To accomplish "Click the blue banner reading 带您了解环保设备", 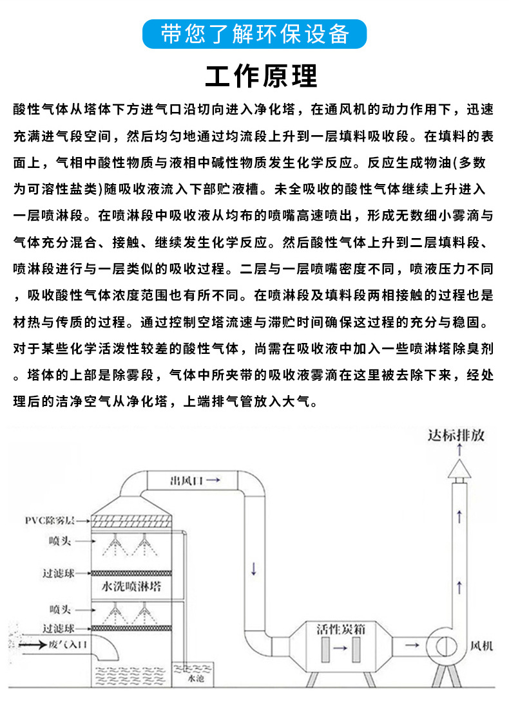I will [254, 34].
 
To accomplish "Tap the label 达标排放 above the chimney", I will [456, 436].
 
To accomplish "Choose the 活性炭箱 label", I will [341, 628].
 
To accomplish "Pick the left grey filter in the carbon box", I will [325, 651].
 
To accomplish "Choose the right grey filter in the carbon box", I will [356, 651].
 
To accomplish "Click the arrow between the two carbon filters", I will [341, 651].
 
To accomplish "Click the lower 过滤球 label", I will [58, 627].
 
